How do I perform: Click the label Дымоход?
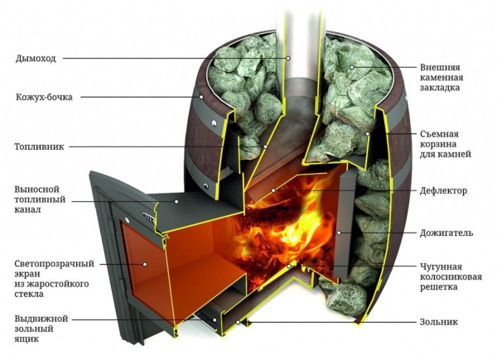[36, 59]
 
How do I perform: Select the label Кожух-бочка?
[44, 97]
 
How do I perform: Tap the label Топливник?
[39, 147]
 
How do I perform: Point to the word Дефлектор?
[443, 191]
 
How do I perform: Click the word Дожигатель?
[446, 233]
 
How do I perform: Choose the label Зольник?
[439, 322]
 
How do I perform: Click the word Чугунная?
[441, 266]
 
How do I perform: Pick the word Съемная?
[439, 134]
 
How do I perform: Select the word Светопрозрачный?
[54, 264]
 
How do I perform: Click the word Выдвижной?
[41, 319]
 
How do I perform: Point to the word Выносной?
[36, 190]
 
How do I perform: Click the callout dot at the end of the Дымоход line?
[288, 58]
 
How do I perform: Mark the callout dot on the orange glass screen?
[145, 264]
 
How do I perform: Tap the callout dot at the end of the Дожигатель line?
[339, 233]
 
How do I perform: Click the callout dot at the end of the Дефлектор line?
[273, 190]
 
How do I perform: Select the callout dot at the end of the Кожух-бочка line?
[201, 97]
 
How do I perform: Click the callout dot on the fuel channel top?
[176, 201]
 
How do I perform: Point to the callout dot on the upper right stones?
[351, 67]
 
